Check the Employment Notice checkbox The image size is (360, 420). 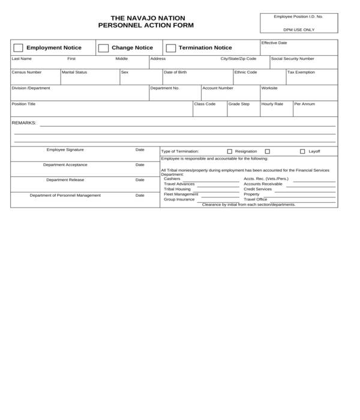18,48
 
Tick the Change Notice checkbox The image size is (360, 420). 103,48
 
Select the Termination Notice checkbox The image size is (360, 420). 171,48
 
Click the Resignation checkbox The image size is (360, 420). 229,152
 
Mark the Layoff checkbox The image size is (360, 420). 302,152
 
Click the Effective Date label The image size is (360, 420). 274,43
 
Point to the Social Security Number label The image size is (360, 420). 292,59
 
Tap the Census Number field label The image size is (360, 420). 26,72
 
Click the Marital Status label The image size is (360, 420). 74,72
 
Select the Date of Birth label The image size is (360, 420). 175,72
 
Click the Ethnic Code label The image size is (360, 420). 246,72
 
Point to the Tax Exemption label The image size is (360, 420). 301,72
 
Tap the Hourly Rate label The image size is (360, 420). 272,104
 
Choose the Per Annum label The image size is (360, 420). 304,104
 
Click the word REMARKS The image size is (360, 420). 24,123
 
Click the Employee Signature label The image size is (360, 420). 65,149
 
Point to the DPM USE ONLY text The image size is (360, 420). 298,29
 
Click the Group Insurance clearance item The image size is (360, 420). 179,199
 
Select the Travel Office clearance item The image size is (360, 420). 255,199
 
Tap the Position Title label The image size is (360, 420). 24,104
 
